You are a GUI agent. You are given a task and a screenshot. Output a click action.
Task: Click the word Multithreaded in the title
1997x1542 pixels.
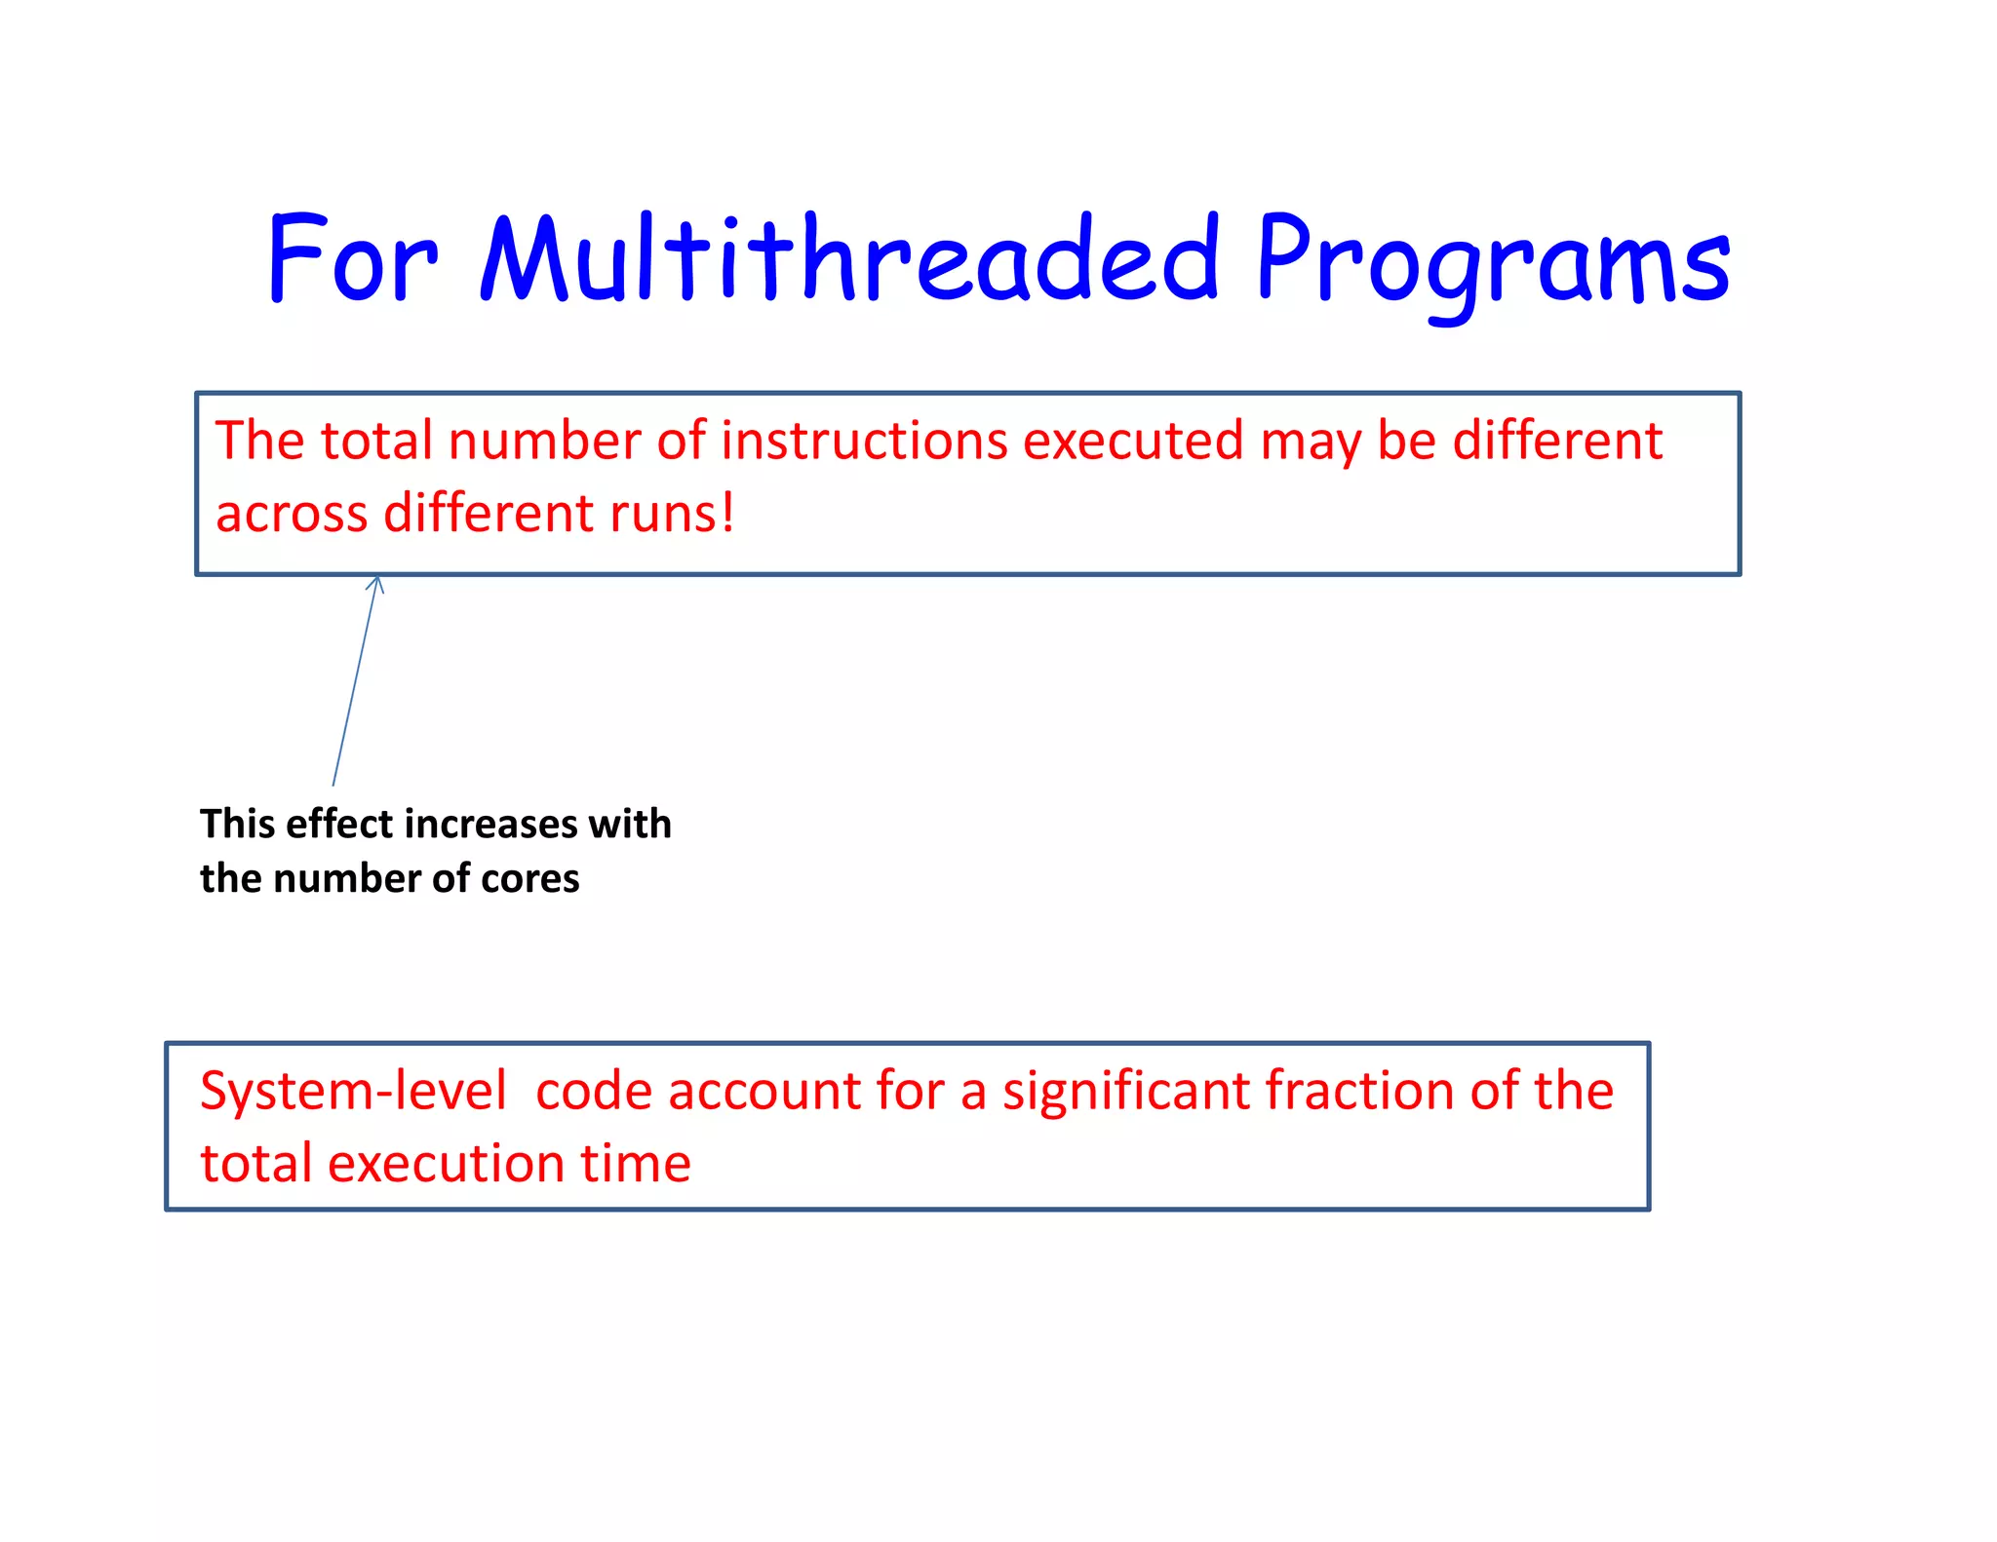[x=848, y=258]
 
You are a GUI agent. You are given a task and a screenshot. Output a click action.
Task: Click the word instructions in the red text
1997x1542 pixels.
[x=864, y=441]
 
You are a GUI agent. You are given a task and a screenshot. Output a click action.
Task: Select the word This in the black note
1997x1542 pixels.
[x=238, y=825]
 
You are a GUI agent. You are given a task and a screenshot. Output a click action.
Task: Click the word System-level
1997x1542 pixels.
[x=353, y=1091]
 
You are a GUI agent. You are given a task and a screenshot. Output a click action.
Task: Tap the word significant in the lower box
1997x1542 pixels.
[x=1126, y=1091]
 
